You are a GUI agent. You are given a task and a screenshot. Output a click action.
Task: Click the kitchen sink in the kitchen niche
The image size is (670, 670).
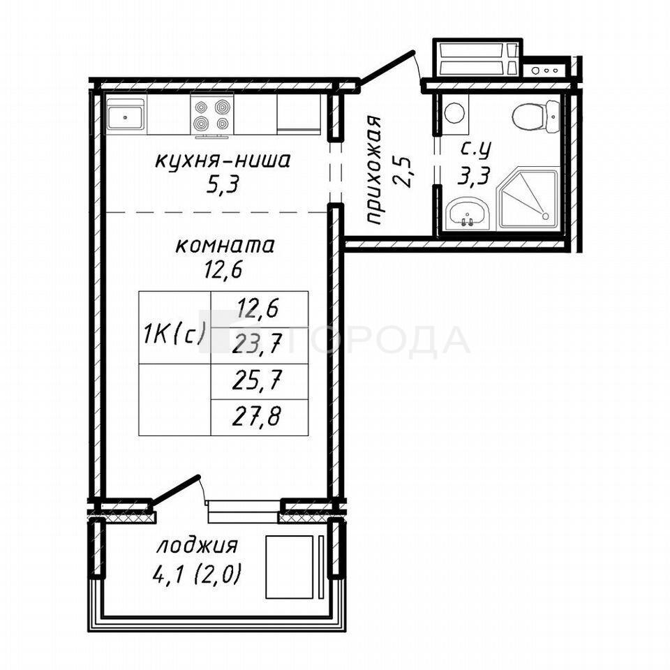coord(125,114)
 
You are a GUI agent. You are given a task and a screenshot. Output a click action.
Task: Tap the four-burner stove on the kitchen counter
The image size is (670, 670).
coord(212,114)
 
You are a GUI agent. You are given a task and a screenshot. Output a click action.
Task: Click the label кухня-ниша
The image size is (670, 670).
coord(222,161)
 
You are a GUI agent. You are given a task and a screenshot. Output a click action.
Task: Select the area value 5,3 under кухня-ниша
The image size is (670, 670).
coord(222,186)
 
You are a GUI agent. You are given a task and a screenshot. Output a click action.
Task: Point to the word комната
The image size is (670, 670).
coord(225,246)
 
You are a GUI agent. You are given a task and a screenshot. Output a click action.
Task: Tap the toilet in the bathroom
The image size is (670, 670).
coord(536,115)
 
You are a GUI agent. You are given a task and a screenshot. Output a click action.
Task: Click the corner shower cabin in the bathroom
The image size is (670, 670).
coord(528,198)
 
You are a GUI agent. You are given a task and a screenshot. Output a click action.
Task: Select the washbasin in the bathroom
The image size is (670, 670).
coord(467,214)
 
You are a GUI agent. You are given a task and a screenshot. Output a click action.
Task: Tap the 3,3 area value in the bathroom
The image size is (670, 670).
coord(474,175)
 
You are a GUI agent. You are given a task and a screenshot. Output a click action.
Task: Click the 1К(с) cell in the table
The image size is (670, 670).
coord(174,328)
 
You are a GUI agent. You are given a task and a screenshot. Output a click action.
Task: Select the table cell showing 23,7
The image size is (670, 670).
coord(260,345)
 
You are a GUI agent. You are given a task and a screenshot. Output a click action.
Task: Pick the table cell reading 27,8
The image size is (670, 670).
coord(260,418)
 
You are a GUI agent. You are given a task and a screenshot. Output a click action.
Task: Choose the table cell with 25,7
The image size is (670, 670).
coord(260,382)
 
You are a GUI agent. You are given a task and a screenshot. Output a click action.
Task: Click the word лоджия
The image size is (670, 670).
coord(197,546)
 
